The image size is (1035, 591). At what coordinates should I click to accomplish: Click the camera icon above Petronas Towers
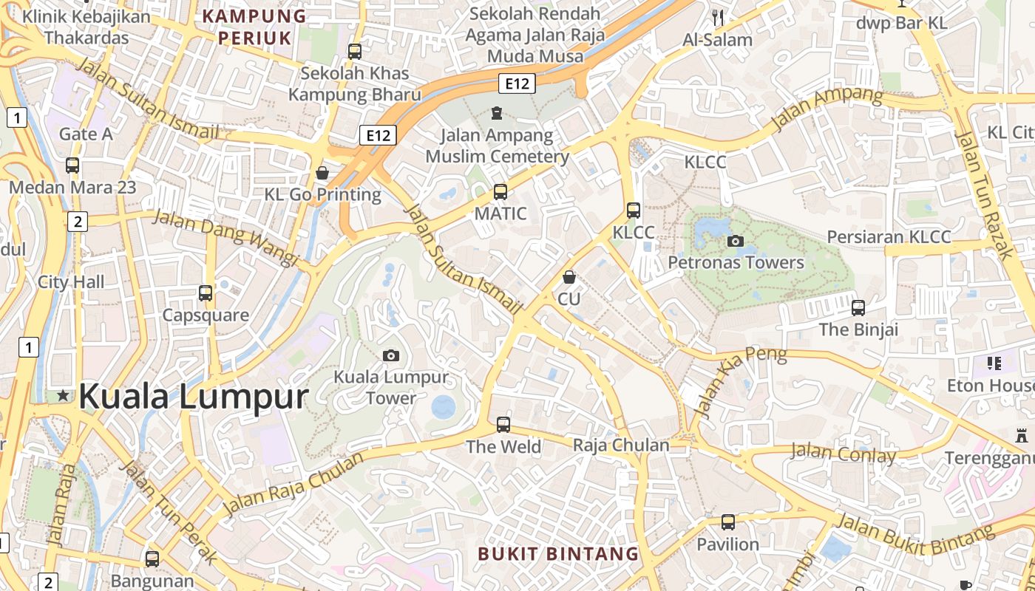point(735,241)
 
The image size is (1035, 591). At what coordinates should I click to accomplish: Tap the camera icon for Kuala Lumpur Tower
point(391,356)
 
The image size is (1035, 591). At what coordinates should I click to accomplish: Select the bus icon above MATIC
point(500,192)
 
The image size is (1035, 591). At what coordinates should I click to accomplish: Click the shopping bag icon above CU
point(569,277)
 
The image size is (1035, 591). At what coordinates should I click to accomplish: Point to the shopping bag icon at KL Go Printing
point(322,173)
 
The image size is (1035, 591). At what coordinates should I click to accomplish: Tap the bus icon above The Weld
point(503,425)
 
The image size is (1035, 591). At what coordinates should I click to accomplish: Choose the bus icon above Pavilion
point(728,522)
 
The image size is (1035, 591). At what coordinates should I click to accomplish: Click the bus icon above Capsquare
point(206,293)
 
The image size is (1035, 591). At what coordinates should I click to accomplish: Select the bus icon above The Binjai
point(858,307)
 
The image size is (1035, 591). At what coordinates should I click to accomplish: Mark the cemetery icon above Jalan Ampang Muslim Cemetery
point(496,113)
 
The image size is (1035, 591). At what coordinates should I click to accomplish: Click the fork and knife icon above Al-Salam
point(717,18)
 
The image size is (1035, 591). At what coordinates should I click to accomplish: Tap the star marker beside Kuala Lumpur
point(64,397)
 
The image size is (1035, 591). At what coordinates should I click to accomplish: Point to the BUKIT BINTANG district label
point(558,553)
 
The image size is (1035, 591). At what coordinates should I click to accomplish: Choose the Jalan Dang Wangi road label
point(225,237)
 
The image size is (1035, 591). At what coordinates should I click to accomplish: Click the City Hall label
point(71,281)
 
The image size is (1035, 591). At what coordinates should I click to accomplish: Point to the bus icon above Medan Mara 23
point(72,165)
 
